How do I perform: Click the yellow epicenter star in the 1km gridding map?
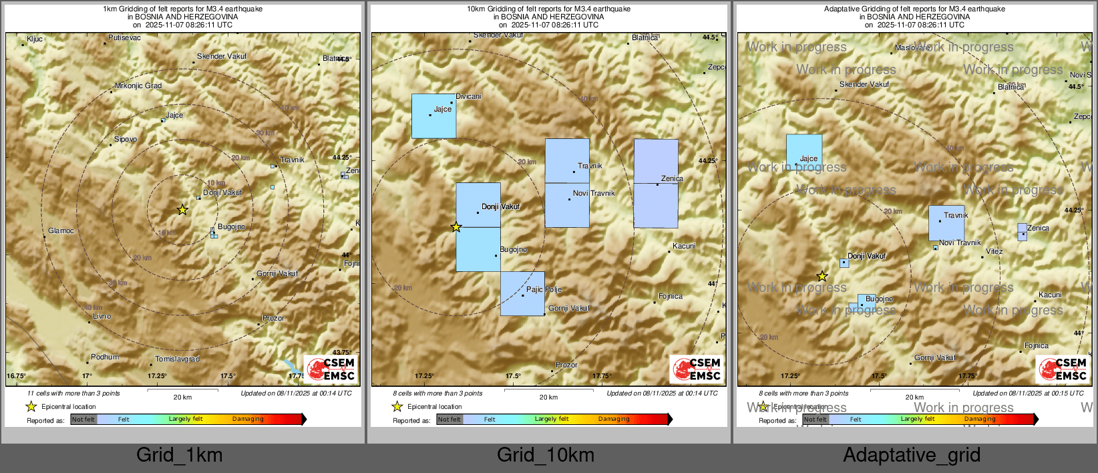coord(182,210)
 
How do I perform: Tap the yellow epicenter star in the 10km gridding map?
coord(456,227)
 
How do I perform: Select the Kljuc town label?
coord(34,39)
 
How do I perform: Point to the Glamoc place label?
coord(61,231)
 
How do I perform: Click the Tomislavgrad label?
coord(177,359)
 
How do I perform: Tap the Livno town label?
coord(102,317)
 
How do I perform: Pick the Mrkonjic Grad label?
coord(138,86)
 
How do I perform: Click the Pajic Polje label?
coord(544,290)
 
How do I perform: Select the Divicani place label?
coord(468,97)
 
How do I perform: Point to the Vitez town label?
coord(994,252)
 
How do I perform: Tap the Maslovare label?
coord(912,48)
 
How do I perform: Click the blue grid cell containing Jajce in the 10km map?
coord(433,116)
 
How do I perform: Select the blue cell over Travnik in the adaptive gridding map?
coord(946,223)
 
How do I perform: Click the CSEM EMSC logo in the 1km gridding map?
coord(330,369)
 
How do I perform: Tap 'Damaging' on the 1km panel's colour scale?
coord(248,420)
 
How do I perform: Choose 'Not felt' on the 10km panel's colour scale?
coord(449,420)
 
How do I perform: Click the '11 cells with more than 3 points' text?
coord(73,393)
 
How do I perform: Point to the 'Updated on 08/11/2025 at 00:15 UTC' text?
coord(1028,393)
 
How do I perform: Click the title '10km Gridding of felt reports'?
coord(548,9)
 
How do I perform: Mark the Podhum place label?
coord(105,357)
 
